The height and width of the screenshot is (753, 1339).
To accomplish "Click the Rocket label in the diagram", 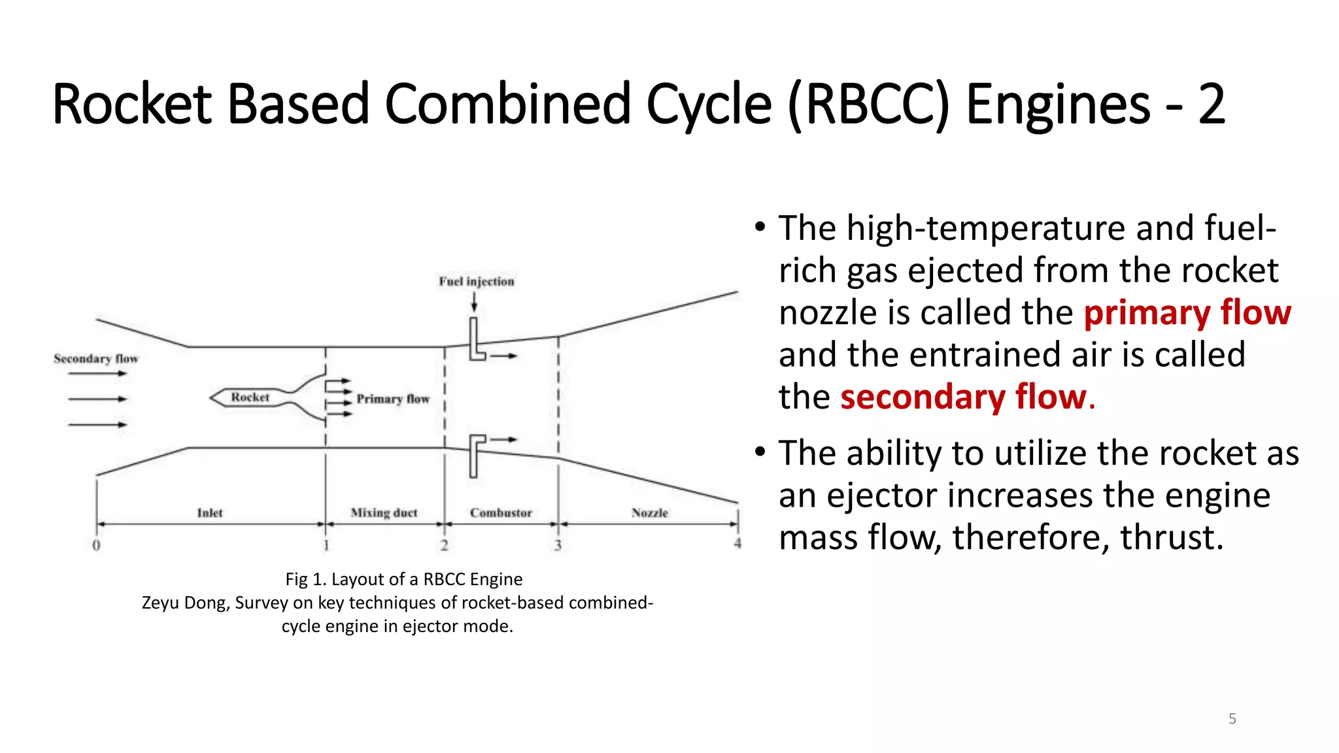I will pos(250,397).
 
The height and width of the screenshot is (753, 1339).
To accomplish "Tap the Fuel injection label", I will pos(476,282).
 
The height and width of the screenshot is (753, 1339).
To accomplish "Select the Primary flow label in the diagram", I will pos(392,399).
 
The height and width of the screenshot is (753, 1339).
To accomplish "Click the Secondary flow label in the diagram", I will pos(96,359).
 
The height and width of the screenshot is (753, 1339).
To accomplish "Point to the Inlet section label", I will pos(210,513).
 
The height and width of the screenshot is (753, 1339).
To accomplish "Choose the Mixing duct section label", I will pos(384,513).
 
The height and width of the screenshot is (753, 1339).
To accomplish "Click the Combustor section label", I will pos(501,513).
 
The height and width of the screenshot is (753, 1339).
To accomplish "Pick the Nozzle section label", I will pos(650,513).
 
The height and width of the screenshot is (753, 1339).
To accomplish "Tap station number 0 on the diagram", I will pos(96,545).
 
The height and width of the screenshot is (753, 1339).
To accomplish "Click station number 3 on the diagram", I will pos(558,545).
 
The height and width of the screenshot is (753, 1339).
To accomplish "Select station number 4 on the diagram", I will pos(737,544).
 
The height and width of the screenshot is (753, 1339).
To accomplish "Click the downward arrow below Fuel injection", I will pos(474,302).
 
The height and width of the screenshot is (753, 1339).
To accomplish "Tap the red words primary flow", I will pos(1187,312).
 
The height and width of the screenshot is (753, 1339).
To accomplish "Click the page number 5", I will pos(1232,719).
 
